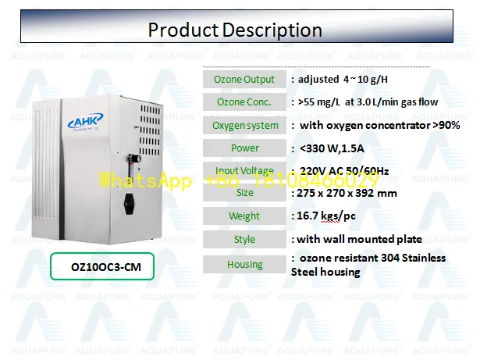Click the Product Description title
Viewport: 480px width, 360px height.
point(235,30)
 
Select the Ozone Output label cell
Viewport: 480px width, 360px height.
point(244,80)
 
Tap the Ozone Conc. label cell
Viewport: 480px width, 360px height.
point(244,102)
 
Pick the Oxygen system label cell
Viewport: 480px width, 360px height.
point(244,125)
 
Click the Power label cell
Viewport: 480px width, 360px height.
point(244,148)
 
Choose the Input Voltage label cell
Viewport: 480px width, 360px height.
point(244,171)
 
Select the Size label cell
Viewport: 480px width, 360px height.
point(244,193)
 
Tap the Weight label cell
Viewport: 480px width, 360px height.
point(244,216)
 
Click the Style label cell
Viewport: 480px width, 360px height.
point(244,239)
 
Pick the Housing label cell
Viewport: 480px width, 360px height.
point(244,265)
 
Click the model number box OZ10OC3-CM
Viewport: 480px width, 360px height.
point(101,266)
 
